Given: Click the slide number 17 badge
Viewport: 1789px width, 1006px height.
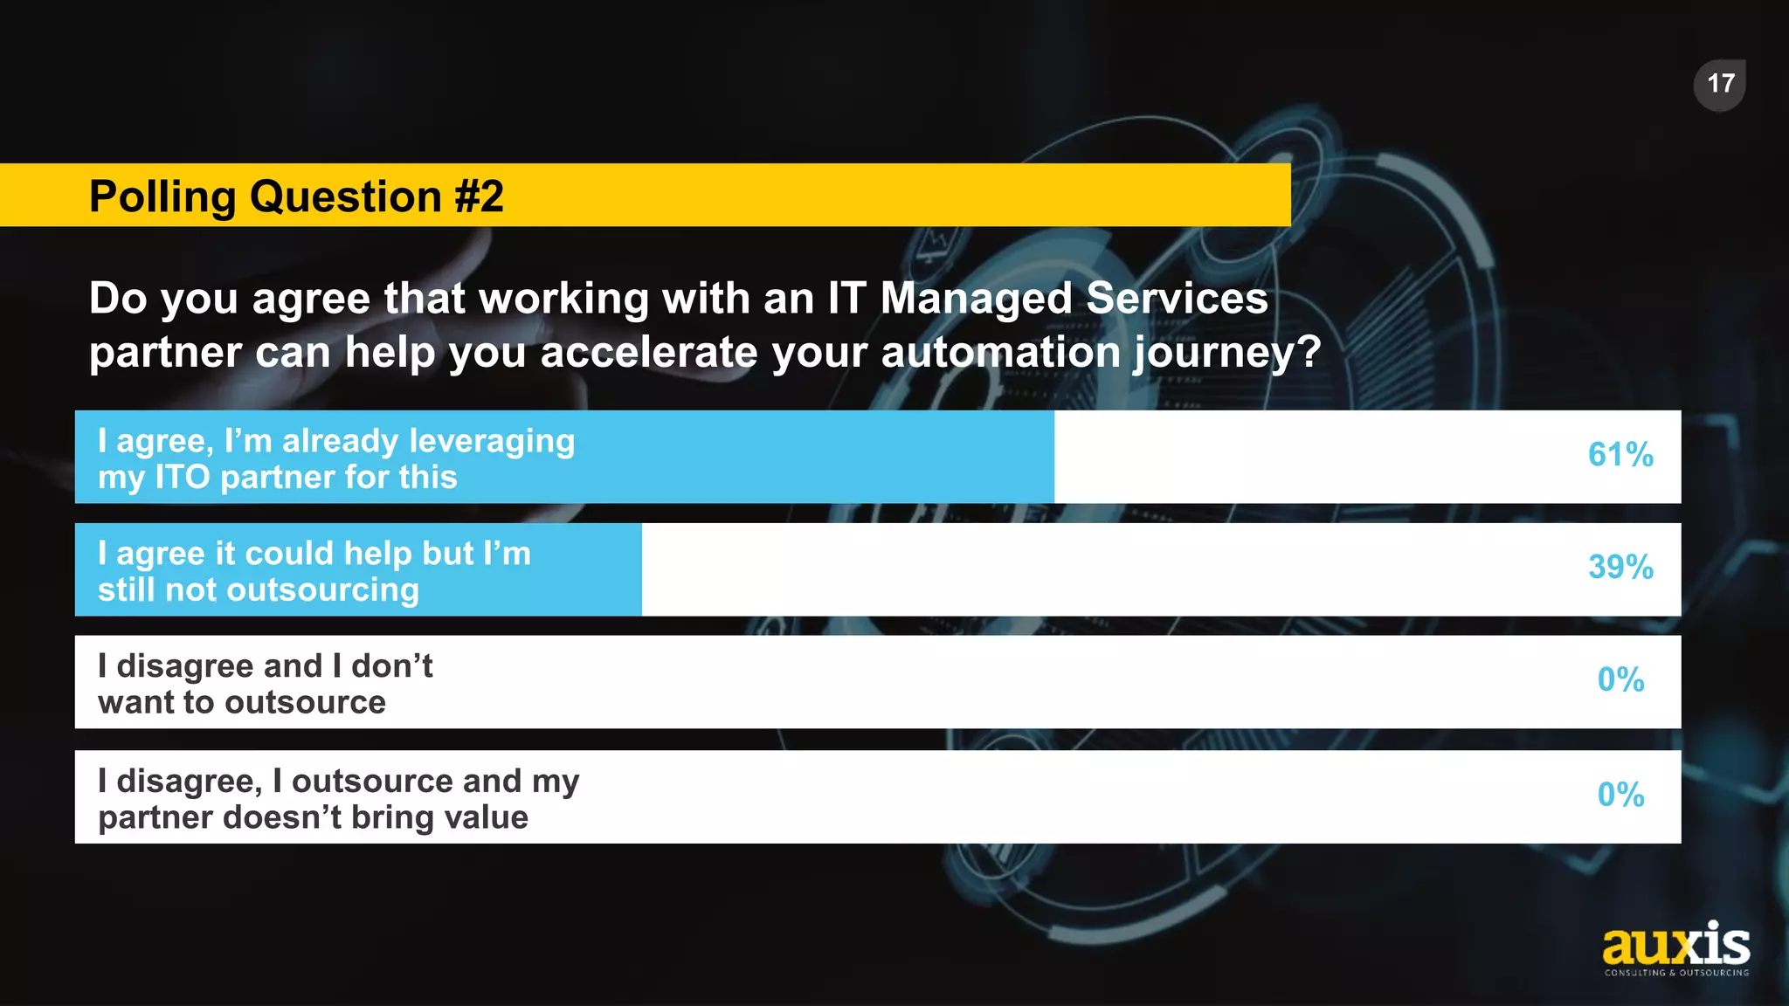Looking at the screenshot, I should click(1719, 85).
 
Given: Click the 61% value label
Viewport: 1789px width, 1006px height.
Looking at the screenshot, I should click(1620, 455).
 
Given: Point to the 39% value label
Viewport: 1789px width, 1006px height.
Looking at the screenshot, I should click(1620, 568).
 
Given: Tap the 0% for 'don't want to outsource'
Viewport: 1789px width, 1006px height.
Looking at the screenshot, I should click(1620, 680).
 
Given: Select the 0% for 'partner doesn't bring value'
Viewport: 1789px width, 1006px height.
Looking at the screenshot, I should click(1620, 796).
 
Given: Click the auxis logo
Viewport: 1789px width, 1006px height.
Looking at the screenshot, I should click(1676, 948).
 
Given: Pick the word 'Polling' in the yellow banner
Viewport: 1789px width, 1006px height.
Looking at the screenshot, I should click(162, 197).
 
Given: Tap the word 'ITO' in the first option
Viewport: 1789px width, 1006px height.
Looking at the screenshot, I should click(183, 478).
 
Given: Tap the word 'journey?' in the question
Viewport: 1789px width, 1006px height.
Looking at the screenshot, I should click(1227, 354).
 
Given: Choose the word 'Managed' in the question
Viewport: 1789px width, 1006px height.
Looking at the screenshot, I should click(976, 300).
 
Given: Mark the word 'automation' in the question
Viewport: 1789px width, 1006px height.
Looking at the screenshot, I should click(1000, 354).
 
